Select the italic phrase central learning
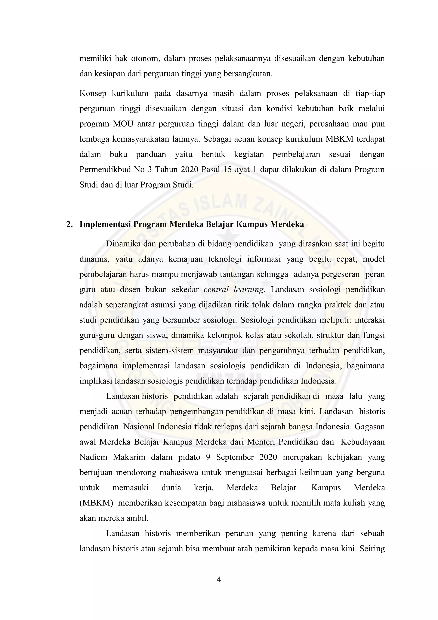(x=234, y=290)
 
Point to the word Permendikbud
(x=104, y=169)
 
